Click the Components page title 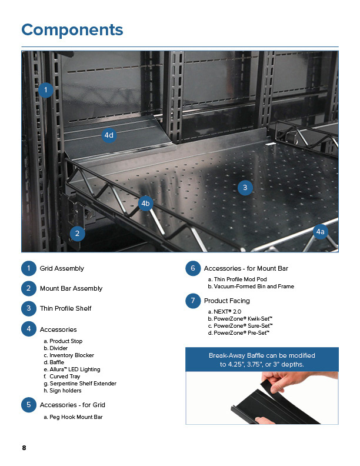click(x=72, y=30)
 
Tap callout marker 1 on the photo click(x=46, y=90)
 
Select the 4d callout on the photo click(x=108, y=135)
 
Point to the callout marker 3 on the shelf click(x=245, y=188)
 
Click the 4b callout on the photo click(x=146, y=204)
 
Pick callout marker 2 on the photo click(x=76, y=234)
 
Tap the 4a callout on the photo click(x=320, y=232)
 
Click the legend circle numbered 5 click(x=28, y=405)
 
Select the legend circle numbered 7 click(x=192, y=301)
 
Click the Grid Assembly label click(x=62, y=269)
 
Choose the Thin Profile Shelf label click(x=65, y=308)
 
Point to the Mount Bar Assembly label click(x=71, y=289)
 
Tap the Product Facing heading click(x=226, y=301)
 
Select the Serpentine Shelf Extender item click(x=79, y=384)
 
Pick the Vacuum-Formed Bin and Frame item click(x=251, y=287)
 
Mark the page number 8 click(x=24, y=448)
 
